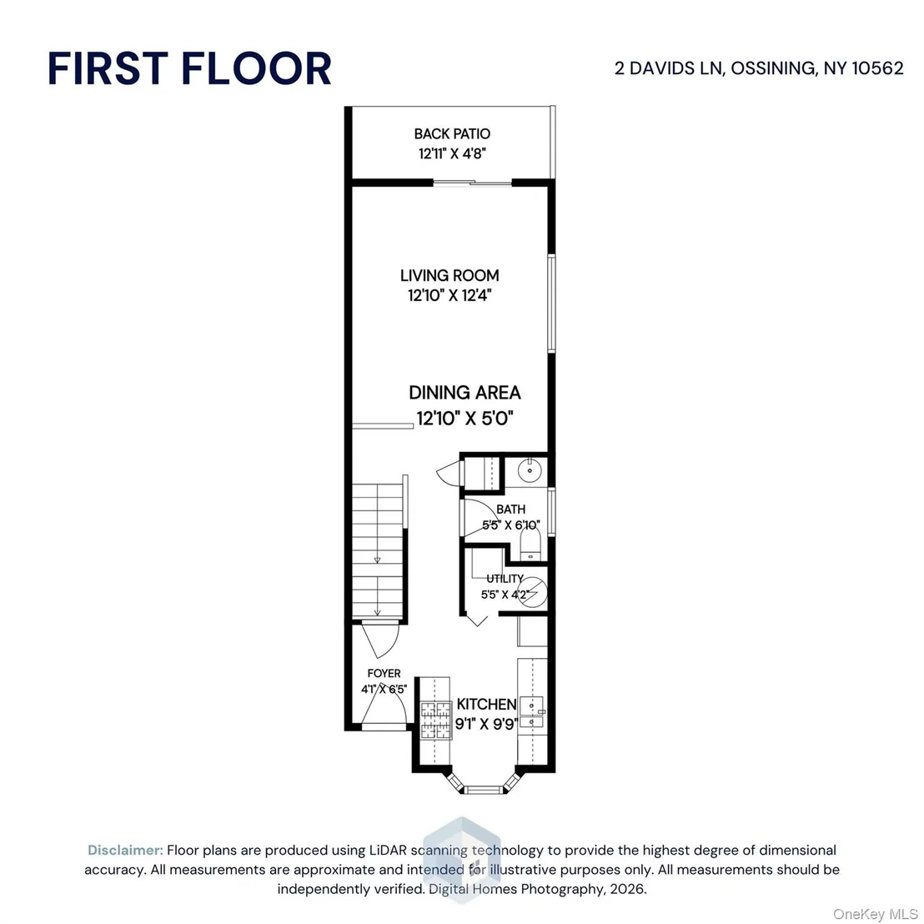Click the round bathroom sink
[x=530, y=470]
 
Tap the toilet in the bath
[x=530, y=544]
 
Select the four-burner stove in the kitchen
[x=435, y=721]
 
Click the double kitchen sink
[x=531, y=713]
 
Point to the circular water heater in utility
[x=532, y=591]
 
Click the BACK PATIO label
[x=452, y=133]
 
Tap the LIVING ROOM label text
[x=449, y=275]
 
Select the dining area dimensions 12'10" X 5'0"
[x=465, y=419]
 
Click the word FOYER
[x=384, y=673]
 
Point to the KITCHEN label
[x=486, y=704]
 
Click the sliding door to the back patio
[x=473, y=183]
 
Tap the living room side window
[x=551, y=304]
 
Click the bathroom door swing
[x=478, y=517]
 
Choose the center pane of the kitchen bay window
[x=483, y=790]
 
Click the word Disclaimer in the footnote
[x=125, y=850]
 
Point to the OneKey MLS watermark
[x=875, y=914]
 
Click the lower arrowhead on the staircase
[x=378, y=612]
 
